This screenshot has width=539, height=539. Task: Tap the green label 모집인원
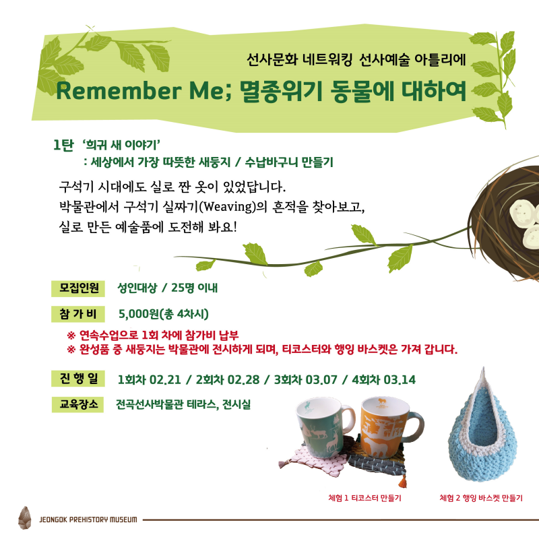coord(78,288)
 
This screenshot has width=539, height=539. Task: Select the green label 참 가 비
coord(78,314)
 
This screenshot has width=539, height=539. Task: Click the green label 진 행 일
coord(78,379)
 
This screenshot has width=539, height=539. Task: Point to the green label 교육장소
coord(77,404)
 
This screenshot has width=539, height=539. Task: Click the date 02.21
coord(165,380)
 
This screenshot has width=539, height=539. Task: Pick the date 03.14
coord(400,380)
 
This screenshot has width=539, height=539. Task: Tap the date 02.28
coord(243,380)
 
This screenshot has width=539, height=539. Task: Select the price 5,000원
coord(139,314)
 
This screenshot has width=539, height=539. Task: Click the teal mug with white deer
coord(323,430)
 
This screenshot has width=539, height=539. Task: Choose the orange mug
coord(389,427)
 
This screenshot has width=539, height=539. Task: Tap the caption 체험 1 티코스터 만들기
coord(364,498)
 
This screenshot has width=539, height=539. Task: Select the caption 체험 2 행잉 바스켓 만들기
coord(481,498)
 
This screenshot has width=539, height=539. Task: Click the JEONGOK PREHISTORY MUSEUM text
coord(88,519)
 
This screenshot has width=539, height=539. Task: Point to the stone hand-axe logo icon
coord(24,517)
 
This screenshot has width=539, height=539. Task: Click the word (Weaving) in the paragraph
coord(228,207)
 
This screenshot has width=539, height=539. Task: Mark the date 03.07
coord(321,380)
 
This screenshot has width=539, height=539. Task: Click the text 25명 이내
coord(194,288)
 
